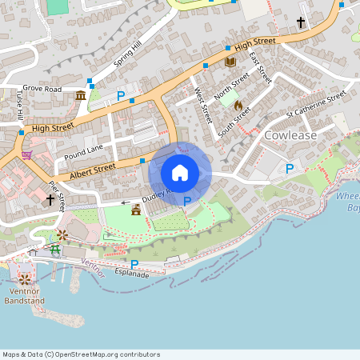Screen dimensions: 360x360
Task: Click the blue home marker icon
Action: click(x=180, y=173)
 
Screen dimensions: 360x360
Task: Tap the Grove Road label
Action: click(x=42, y=88)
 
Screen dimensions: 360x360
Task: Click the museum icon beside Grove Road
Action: click(x=81, y=96)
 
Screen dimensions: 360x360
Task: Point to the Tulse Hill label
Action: click(x=19, y=103)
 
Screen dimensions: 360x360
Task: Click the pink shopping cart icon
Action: click(x=26, y=154)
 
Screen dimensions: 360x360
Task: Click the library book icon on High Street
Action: click(x=230, y=62)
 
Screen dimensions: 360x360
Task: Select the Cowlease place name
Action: click(x=290, y=135)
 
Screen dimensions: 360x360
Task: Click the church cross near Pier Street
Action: click(x=50, y=200)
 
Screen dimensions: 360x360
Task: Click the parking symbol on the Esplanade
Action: click(x=134, y=264)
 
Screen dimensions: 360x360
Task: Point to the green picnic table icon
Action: click(x=56, y=250)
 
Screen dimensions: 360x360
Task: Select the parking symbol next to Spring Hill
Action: click(x=121, y=96)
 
